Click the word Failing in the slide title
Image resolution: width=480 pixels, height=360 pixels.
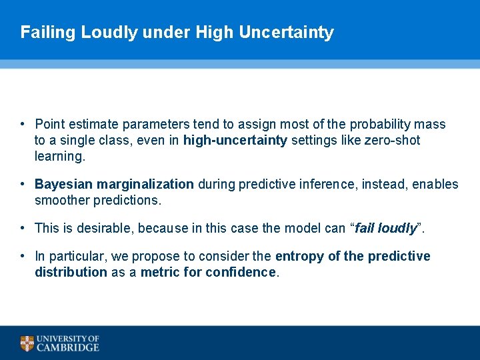48,32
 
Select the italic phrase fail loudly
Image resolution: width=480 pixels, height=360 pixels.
386,228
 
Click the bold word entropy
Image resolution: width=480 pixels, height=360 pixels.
298,256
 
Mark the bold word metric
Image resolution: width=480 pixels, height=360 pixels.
159,272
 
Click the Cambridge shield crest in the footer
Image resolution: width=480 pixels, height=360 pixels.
27,343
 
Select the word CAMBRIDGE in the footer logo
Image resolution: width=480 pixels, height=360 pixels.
68,347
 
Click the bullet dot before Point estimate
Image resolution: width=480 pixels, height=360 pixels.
23,124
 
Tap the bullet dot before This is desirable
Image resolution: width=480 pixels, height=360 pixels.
23,228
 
